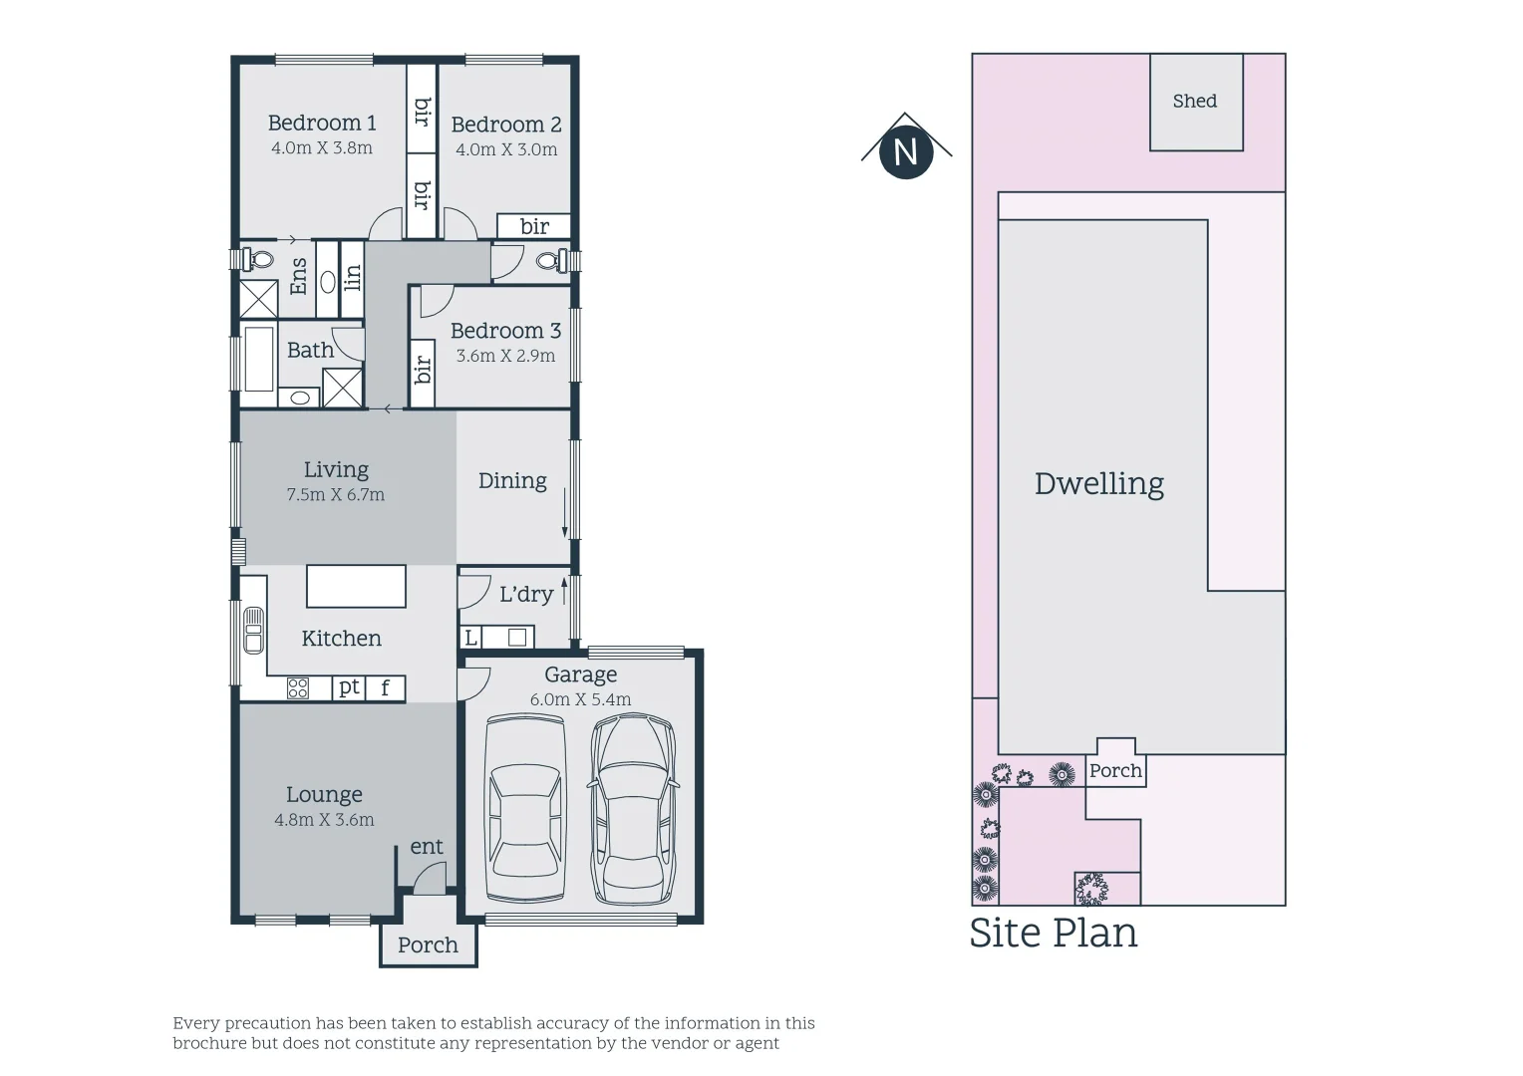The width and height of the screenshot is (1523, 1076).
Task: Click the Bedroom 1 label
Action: point(322,123)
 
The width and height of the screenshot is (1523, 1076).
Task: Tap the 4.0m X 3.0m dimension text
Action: point(506,149)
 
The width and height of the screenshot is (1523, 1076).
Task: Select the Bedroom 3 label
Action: point(505,331)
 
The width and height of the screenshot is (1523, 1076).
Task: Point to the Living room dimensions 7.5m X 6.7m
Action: point(335,494)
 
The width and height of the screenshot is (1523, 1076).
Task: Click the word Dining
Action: point(512,481)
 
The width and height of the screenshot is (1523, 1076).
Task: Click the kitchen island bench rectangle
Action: point(356,586)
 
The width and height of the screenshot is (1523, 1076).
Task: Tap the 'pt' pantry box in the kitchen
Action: point(348,687)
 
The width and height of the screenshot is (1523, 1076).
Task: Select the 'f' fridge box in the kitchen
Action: point(385,688)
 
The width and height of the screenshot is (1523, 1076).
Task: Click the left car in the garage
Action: point(523,809)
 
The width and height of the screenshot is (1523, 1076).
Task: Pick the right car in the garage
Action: point(633,809)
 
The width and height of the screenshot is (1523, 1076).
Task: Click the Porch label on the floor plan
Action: point(428,944)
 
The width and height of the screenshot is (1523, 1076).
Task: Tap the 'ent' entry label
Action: point(427,847)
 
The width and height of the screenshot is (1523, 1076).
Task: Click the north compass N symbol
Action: point(905,152)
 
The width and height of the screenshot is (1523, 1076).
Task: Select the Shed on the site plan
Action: point(1195,102)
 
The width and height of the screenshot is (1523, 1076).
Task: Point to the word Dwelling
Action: point(1098,484)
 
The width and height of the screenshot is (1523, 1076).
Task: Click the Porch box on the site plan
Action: point(1115,770)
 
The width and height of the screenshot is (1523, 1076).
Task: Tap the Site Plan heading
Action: point(1054,934)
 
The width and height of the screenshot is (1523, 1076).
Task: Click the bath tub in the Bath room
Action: point(259,359)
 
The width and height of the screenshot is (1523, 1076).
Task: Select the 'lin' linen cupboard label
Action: point(352,278)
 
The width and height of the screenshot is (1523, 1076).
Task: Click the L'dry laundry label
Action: point(525,595)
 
